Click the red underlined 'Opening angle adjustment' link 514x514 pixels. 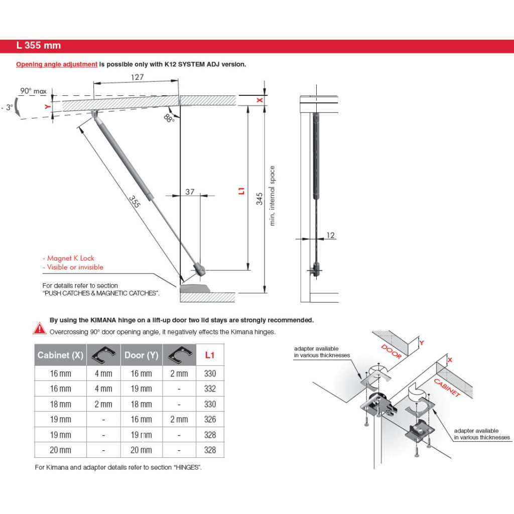coord(57,65)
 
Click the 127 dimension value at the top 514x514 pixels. coord(137,77)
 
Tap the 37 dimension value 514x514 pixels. coord(190,192)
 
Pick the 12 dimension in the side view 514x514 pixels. coord(330,235)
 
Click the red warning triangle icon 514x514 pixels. coord(40,329)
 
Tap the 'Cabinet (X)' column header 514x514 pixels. coord(60,355)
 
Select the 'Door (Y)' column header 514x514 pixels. coord(142,355)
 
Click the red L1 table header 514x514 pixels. coord(210,355)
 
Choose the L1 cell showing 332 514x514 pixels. coord(210,389)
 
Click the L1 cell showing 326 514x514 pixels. coord(210,419)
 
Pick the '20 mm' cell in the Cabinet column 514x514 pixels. coord(60,450)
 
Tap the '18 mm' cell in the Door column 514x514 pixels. coord(142,404)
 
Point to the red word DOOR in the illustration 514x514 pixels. coord(392,351)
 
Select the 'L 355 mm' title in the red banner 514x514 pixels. coord(39,46)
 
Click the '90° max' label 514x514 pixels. coord(33,91)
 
